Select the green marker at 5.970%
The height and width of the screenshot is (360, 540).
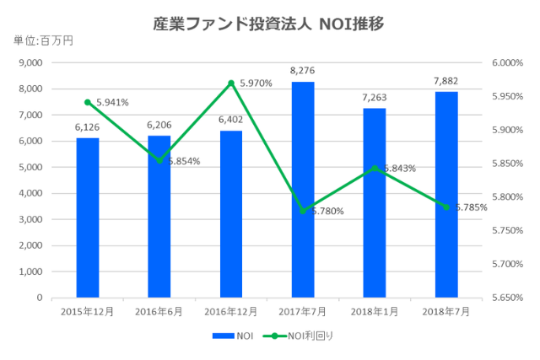click(x=231, y=83)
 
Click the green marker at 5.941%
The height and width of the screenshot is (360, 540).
click(x=88, y=102)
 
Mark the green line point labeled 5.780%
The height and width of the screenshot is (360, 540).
click(x=303, y=211)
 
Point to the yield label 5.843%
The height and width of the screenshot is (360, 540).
click(x=399, y=169)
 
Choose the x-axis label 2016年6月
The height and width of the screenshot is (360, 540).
click(x=159, y=311)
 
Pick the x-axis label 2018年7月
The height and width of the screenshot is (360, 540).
click(x=446, y=311)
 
